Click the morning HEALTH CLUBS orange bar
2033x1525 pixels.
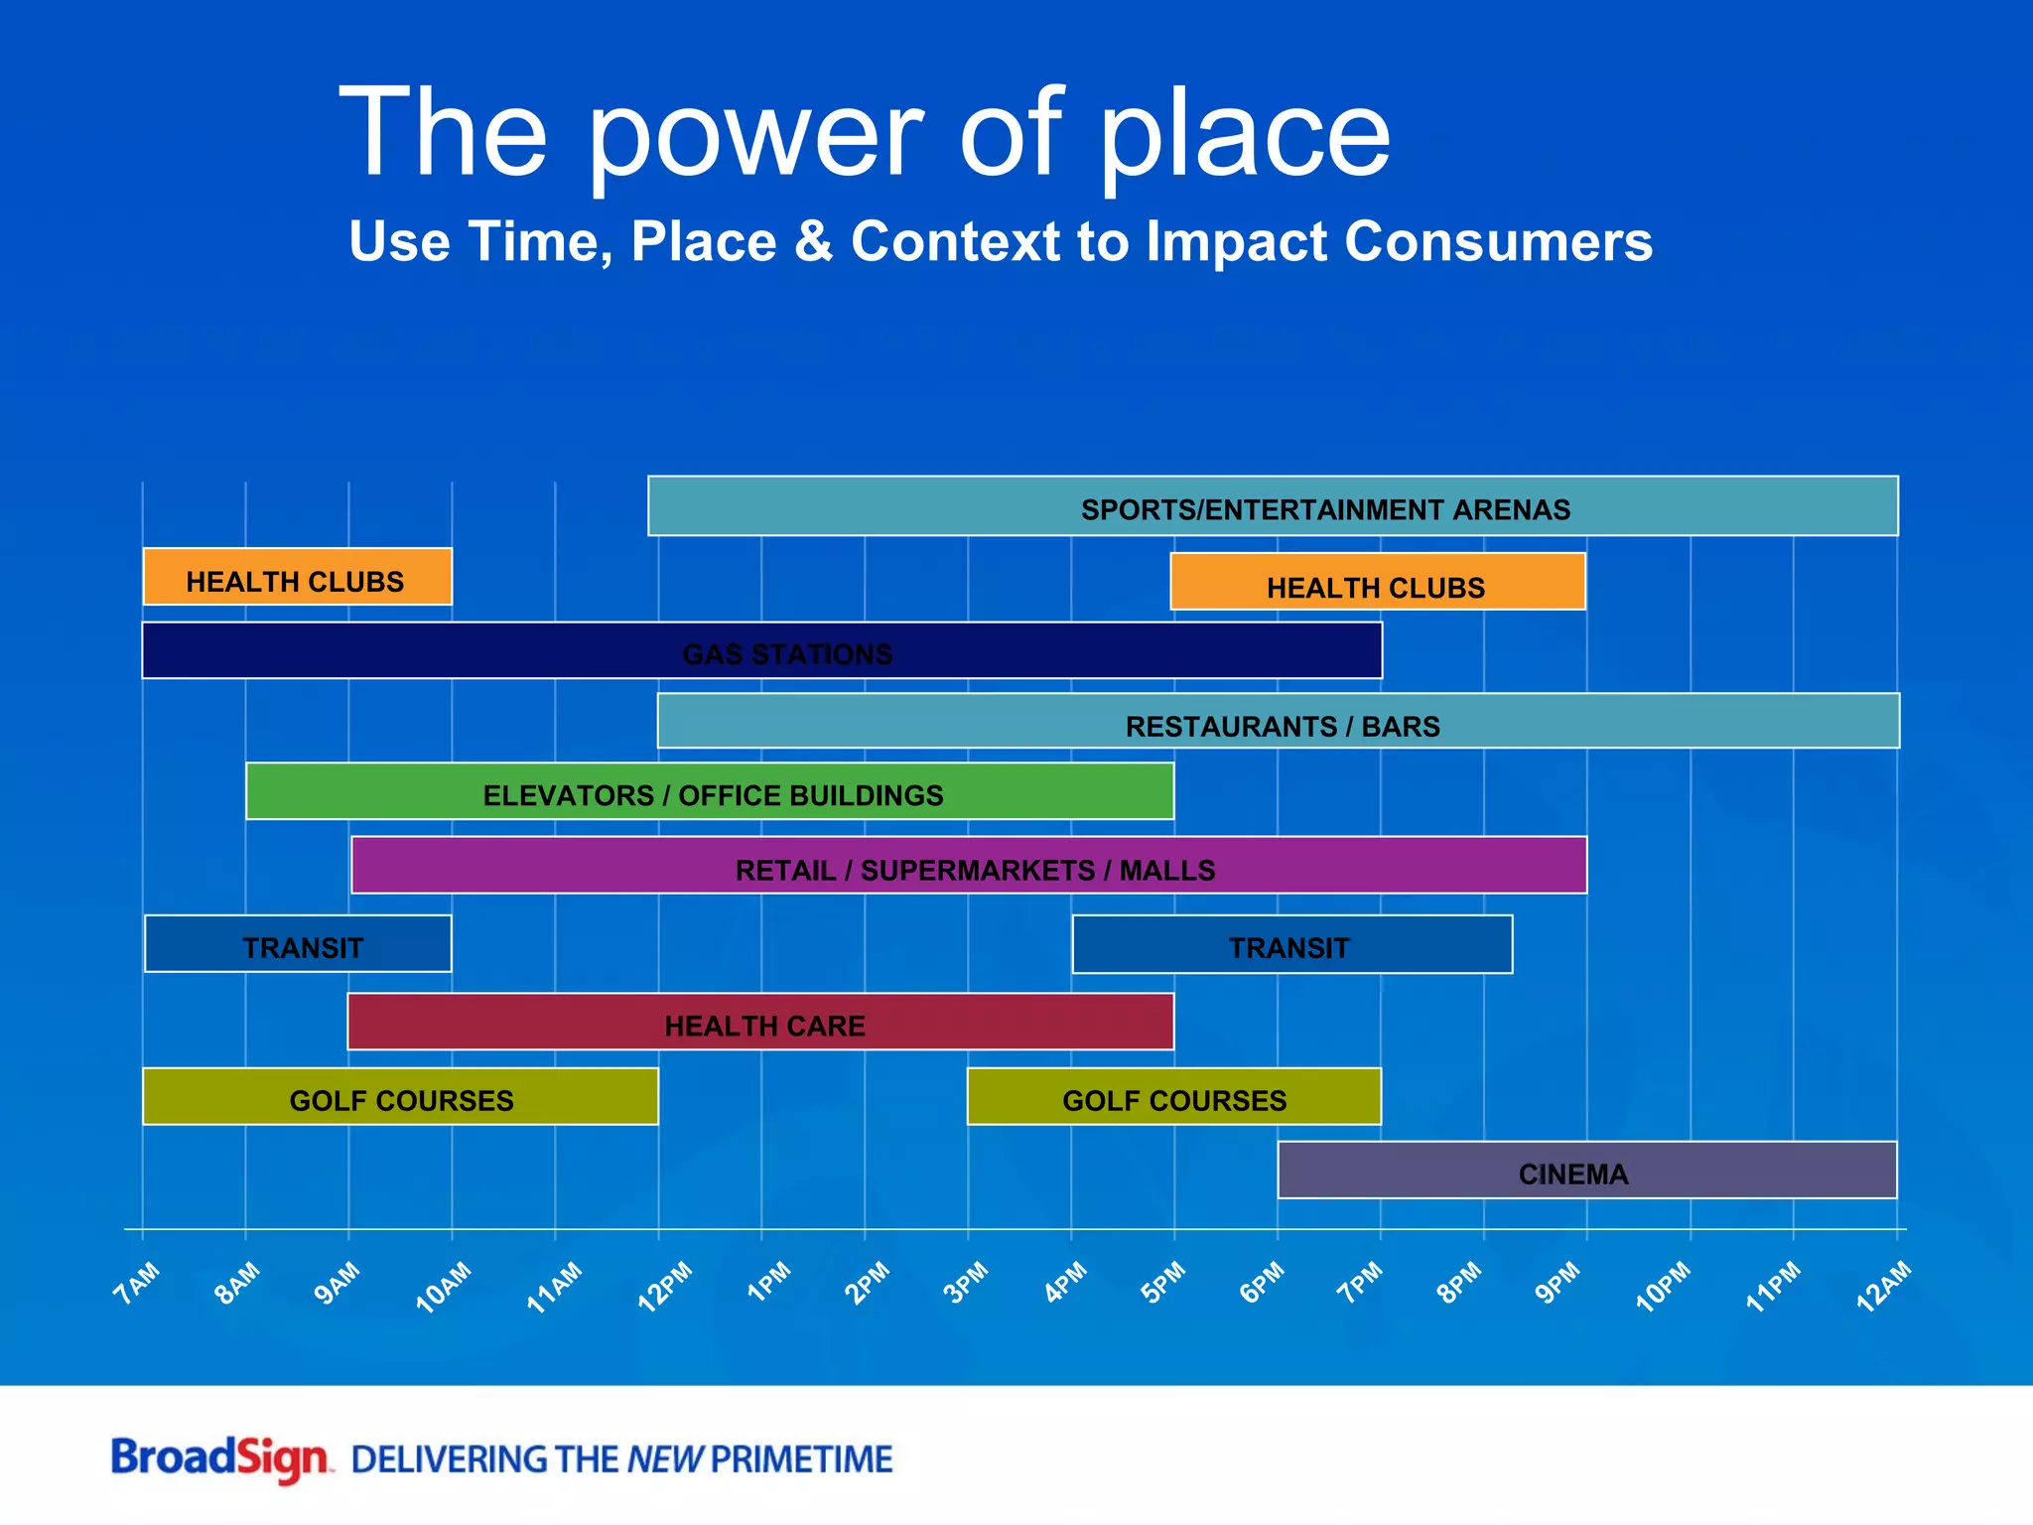coord(297,577)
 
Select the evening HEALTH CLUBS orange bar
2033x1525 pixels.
coord(1377,582)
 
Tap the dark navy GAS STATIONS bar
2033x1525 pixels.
coord(761,651)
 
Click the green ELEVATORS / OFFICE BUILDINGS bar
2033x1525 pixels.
coord(710,791)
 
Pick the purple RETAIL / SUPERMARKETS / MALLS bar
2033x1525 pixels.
coord(969,866)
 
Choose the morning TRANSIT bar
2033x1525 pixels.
coord(298,944)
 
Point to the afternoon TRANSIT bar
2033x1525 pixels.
coord(1291,944)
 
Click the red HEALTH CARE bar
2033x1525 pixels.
coord(760,1022)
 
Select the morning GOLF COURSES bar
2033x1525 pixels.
coord(400,1097)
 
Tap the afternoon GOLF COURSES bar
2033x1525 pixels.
coord(1173,1097)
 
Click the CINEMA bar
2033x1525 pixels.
coord(1586,1171)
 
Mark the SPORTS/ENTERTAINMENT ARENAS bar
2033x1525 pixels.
coord(1273,506)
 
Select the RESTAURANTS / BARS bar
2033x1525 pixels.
coord(1278,722)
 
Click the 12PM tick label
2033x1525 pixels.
coord(664,1287)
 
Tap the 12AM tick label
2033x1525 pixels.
coord(1883,1287)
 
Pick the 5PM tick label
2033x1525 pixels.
coord(1163,1283)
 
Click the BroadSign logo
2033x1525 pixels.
coord(220,1458)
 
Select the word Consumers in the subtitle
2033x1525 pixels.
coord(1498,241)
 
